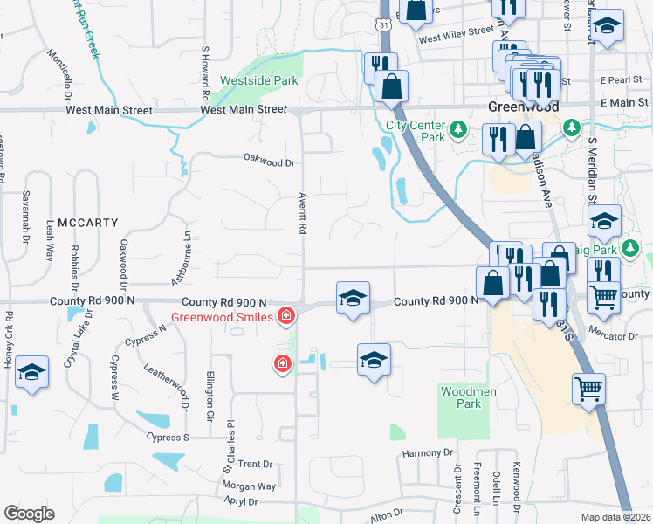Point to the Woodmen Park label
point(469,397)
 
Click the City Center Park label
point(416,130)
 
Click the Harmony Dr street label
point(428,453)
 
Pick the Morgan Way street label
point(249,486)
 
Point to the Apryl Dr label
point(240,501)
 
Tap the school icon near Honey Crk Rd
point(31,373)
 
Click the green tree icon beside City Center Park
point(458,130)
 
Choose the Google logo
point(29,514)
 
